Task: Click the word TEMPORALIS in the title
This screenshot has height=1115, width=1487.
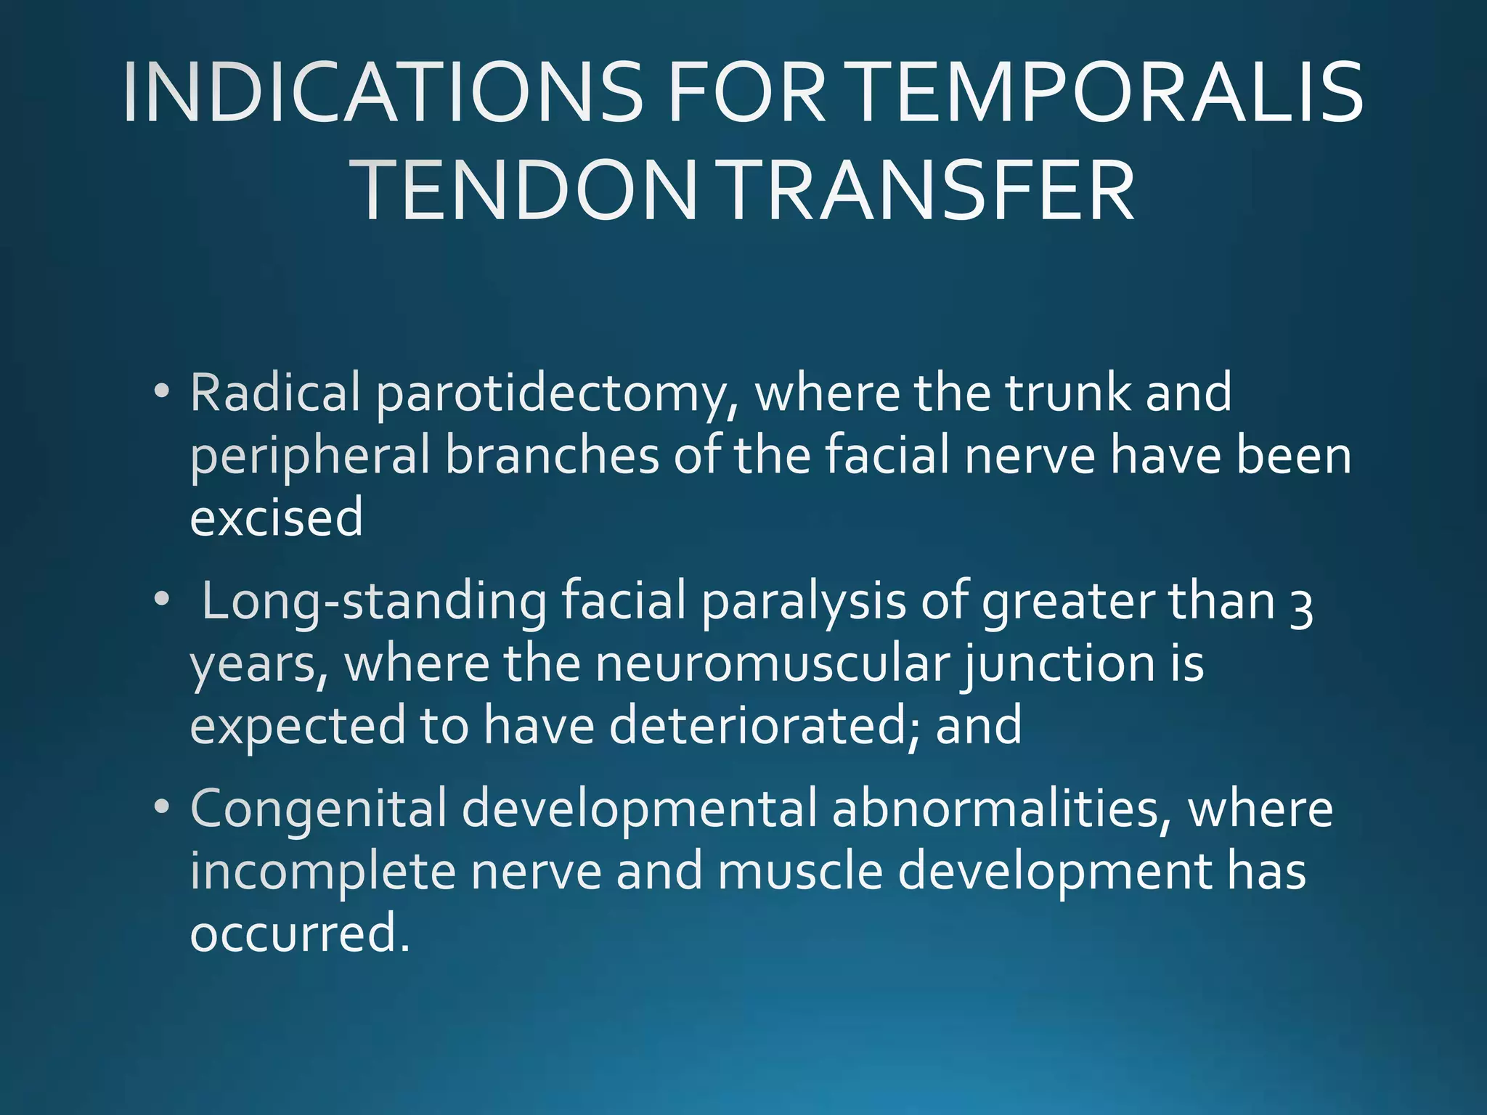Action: coord(1107,93)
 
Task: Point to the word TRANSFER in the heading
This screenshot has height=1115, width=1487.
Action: coord(929,191)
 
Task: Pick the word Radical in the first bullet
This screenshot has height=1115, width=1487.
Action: coord(275,393)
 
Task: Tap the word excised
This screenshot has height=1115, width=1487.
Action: coord(277,518)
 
